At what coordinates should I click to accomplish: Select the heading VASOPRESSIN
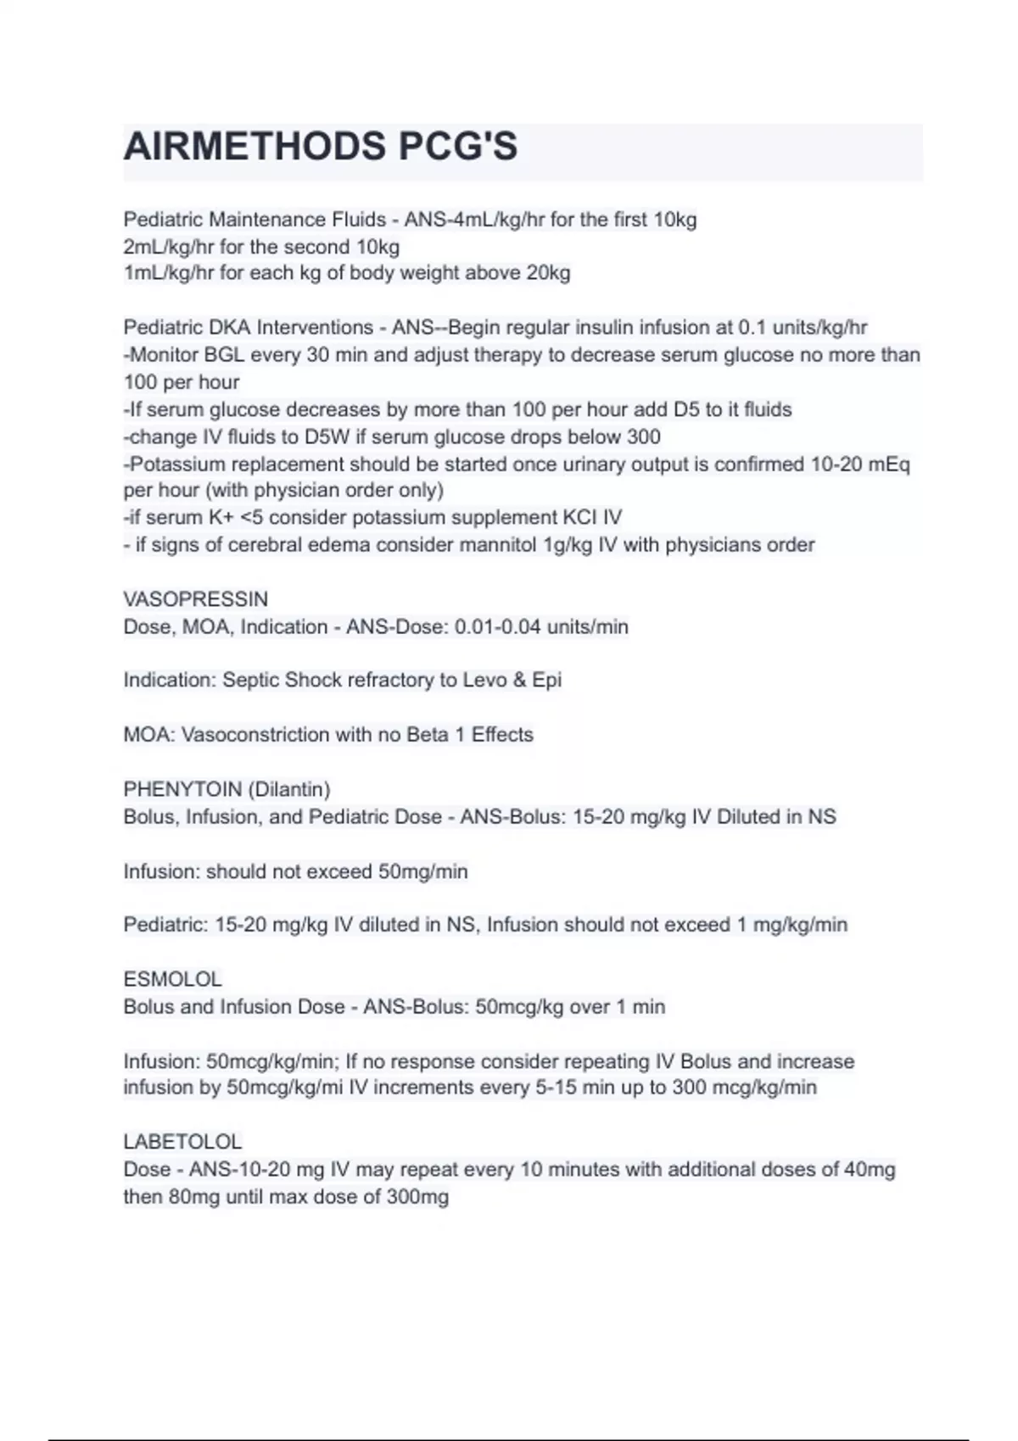pyautogui.click(x=196, y=599)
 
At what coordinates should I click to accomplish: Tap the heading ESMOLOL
pyautogui.click(x=173, y=979)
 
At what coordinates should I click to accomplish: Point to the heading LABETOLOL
pyautogui.click(x=182, y=1142)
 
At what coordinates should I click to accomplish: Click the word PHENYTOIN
pyautogui.click(x=182, y=789)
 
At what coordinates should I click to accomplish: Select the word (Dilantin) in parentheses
pyautogui.click(x=289, y=789)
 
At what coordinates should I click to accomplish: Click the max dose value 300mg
pyautogui.click(x=417, y=1197)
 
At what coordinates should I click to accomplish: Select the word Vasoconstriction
pyautogui.click(x=255, y=735)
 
